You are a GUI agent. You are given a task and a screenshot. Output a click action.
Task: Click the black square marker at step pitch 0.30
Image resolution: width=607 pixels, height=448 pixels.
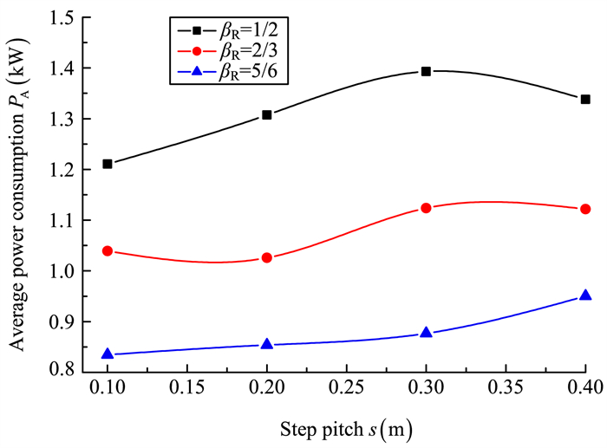pyautogui.click(x=426, y=71)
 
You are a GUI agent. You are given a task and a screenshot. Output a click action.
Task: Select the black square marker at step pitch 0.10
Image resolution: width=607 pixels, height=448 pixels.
pyautogui.click(x=108, y=164)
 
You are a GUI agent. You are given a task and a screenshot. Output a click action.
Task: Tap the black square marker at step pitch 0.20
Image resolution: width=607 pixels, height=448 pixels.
pyautogui.click(x=267, y=114)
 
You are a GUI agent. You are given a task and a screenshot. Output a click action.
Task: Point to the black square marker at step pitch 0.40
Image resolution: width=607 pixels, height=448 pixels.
pyautogui.click(x=585, y=100)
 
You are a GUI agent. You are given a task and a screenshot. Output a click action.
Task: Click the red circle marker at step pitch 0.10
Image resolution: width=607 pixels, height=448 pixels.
pyautogui.click(x=108, y=251)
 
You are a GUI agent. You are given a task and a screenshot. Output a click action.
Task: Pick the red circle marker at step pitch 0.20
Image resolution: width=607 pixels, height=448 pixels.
pyautogui.click(x=267, y=257)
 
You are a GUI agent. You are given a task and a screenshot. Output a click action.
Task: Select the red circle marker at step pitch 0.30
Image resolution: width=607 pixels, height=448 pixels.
pyautogui.click(x=426, y=208)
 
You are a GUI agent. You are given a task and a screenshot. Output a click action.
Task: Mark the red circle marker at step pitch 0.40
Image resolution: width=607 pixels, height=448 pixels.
pyautogui.click(x=585, y=209)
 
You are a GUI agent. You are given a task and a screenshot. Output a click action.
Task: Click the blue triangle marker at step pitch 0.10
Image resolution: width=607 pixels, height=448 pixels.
pyautogui.click(x=108, y=354)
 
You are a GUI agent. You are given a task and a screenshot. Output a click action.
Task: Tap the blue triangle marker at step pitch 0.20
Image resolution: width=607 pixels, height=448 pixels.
pyautogui.click(x=267, y=344)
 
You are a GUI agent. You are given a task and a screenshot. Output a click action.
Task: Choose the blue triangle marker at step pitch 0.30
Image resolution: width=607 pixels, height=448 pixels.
pyautogui.click(x=426, y=333)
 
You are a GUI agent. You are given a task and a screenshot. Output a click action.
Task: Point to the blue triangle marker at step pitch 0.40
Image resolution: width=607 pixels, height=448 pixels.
pyautogui.click(x=585, y=295)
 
